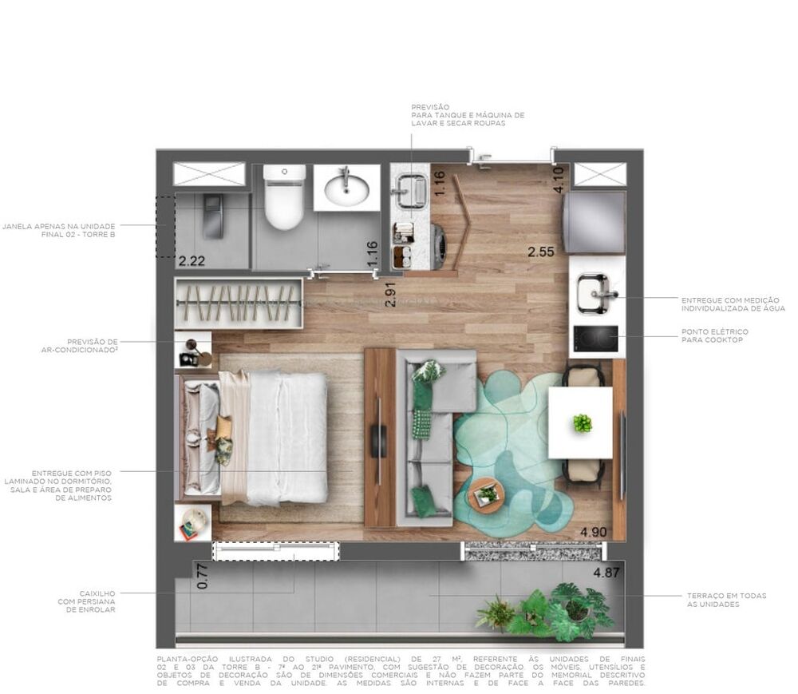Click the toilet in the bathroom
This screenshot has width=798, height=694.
(284, 197)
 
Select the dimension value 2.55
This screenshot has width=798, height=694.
(542, 253)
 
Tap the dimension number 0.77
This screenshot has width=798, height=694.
(202, 577)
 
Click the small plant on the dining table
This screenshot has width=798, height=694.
(583, 422)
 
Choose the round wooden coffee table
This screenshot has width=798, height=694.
(485, 494)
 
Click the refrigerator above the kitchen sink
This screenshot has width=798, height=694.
(594, 224)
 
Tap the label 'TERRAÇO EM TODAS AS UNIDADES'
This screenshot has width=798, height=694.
(725, 601)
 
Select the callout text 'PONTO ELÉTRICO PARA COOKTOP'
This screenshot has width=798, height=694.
(714, 335)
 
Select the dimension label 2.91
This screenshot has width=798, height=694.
(390, 294)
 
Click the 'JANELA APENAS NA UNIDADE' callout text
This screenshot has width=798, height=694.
(59, 230)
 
